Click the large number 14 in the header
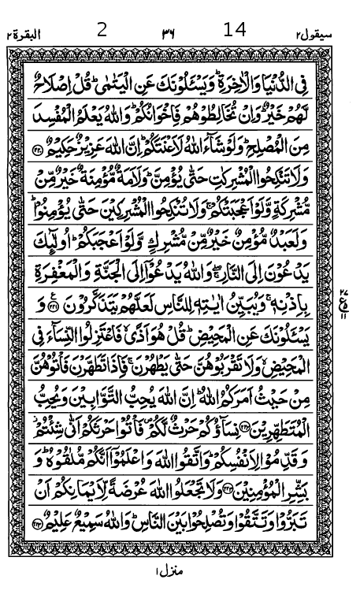tap(235, 30)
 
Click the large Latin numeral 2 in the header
tap(101, 31)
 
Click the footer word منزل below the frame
tap(170, 569)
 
